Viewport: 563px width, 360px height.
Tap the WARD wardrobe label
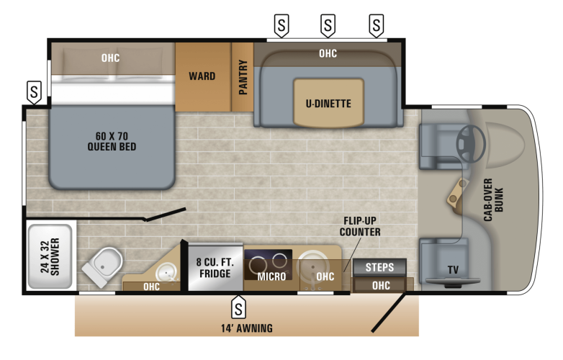coord(202,76)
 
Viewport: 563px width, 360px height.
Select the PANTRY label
coord(243,77)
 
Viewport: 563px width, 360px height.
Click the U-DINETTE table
coord(328,103)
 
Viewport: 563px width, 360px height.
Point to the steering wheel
coord(469,143)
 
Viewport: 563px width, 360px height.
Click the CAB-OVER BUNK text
coord(493,199)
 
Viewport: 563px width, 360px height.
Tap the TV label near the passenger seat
coord(453,270)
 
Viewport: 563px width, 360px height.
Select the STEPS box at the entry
coord(379,267)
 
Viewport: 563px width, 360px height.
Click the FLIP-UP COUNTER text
coord(360,226)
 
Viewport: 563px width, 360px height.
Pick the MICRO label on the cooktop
coord(271,276)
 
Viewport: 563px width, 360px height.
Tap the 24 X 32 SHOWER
coord(50,256)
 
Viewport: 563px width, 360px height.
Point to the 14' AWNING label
coord(246,328)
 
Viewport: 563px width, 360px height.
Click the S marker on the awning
coord(238,309)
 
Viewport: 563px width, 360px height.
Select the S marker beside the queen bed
coord(34,91)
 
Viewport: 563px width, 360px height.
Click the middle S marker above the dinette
coord(328,26)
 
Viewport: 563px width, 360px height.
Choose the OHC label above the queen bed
coord(110,58)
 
